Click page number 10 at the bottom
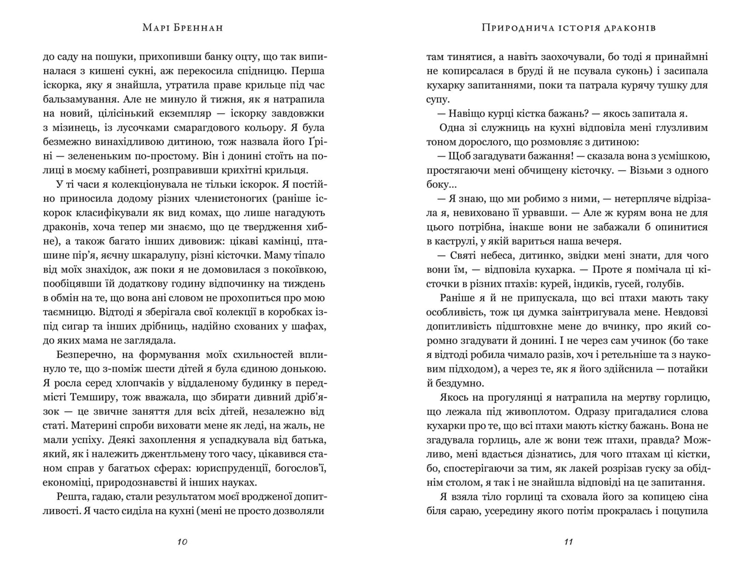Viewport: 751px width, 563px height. [x=183, y=542]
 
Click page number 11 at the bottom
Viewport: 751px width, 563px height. [x=568, y=542]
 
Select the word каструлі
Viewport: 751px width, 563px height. [x=452, y=241]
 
